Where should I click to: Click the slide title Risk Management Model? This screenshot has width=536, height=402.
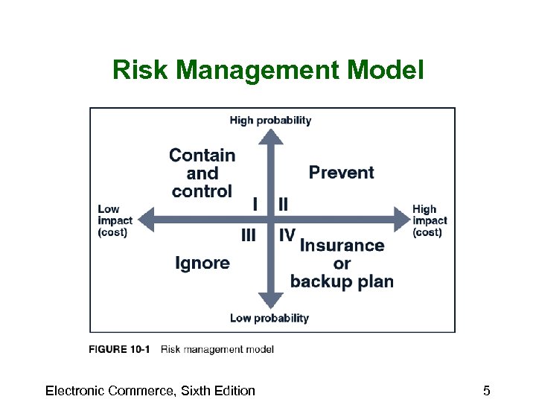click(x=268, y=71)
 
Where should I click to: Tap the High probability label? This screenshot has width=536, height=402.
click(x=270, y=121)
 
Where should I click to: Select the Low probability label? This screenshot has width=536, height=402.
click(x=269, y=318)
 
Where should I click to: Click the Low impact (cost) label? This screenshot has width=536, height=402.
click(x=115, y=220)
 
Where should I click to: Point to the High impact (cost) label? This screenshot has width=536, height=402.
click(x=430, y=220)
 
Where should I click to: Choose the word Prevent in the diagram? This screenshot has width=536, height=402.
click(x=341, y=173)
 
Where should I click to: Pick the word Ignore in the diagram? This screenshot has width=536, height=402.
click(x=202, y=263)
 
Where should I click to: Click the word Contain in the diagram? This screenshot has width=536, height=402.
click(x=202, y=156)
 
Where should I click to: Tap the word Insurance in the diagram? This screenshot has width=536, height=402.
click(x=342, y=245)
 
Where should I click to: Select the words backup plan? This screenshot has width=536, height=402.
click(x=342, y=281)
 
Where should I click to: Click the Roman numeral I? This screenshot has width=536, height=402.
click(x=255, y=203)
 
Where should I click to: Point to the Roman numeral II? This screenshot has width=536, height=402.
click(x=284, y=203)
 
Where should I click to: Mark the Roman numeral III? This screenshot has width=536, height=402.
click(x=249, y=235)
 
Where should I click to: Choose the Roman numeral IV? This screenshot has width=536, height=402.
click(x=287, y=235)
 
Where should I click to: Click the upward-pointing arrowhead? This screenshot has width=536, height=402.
click(x=271, y=136)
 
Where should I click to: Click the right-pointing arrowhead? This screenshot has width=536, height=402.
click(x=401, y=220)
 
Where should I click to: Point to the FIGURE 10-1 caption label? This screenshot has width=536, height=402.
click(x=119, y=349)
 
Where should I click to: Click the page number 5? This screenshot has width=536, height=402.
click(x=486, y=391)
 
